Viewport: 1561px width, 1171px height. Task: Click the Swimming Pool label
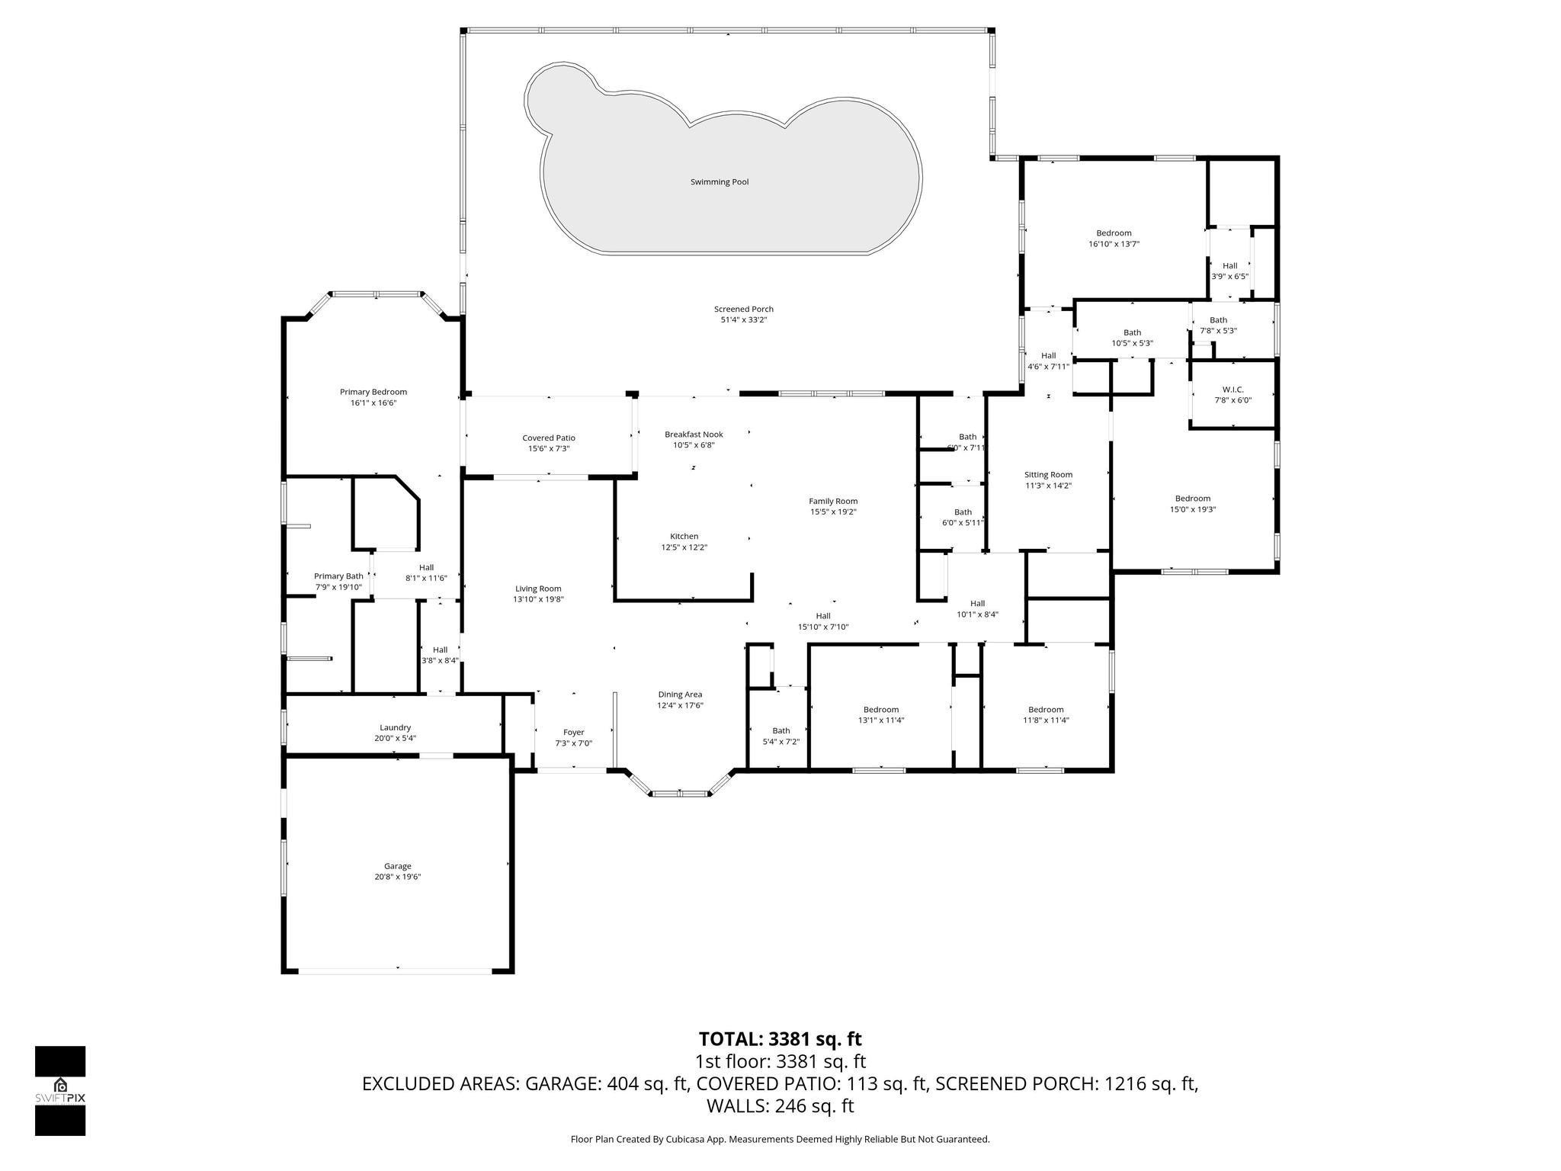[719, 182]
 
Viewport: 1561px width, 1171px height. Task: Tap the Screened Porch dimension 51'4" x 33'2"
[743, 320]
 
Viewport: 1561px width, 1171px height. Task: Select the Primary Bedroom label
[373, 392]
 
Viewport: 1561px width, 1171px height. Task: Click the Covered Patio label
[549, 438]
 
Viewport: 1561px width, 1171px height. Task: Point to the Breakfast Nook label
[694, 434]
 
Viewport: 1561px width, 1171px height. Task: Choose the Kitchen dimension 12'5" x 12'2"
[684, 547]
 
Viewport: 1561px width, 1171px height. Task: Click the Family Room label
[833, 501]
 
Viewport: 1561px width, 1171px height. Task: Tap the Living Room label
[538, 588]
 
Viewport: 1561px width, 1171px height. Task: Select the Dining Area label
[680, 694]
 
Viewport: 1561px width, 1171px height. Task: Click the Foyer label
[573, 732]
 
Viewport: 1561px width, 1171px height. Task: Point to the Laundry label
[395, 727]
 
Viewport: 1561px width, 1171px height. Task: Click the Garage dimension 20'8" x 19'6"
[397, 877]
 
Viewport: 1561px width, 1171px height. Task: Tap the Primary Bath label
[338, 576]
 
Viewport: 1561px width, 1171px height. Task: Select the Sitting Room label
[1048, 474]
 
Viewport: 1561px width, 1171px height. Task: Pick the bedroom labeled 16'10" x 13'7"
[1114, 238]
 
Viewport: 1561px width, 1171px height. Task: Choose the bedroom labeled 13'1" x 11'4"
[880, 714]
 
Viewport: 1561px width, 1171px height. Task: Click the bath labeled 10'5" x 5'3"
[1132, 338]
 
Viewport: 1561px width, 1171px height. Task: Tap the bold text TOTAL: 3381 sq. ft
[780, 1038]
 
